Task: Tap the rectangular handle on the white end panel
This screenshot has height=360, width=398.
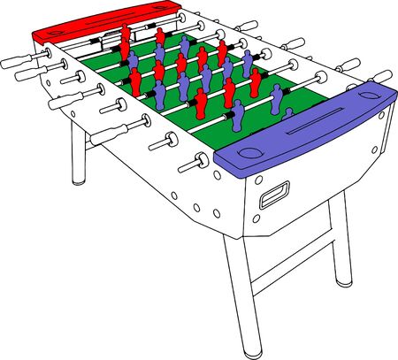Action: click(274, 195)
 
